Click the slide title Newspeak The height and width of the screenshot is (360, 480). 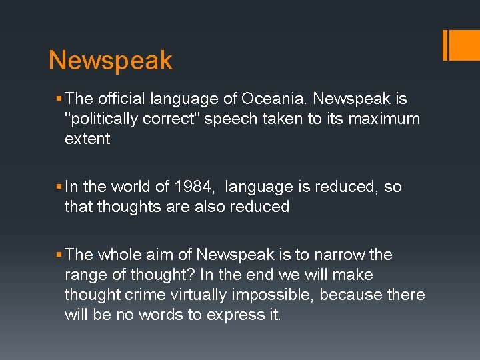pyautogui.click(x=111, y=61)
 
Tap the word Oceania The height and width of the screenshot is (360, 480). pyautogui.click(x=275, y=99)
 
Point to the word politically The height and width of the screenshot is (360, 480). pyautogui.click(x=113, y=119)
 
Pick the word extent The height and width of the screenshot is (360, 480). pyautogui.click(x=87, y=139)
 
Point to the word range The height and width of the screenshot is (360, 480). pyautogui.click(x=85, y=275)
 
